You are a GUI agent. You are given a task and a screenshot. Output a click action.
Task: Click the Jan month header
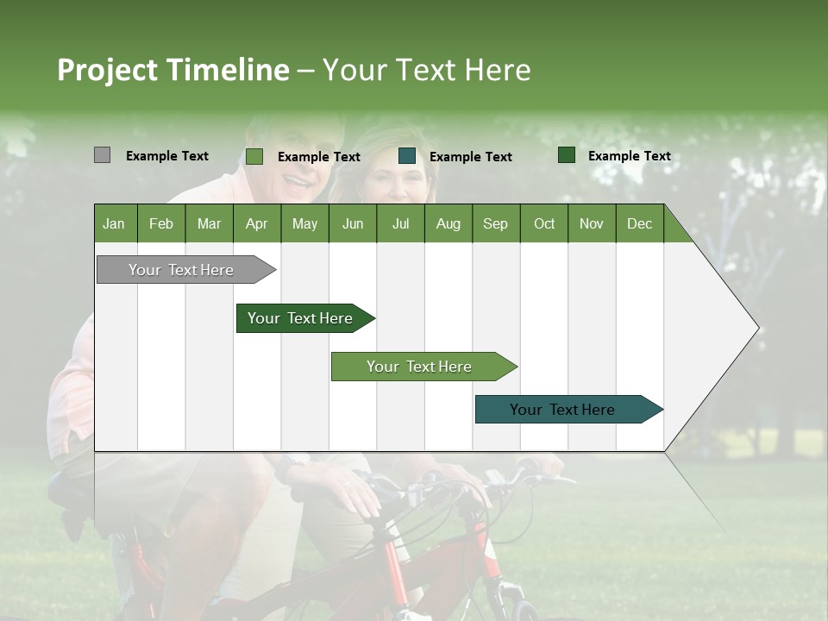click(x=114, y=224)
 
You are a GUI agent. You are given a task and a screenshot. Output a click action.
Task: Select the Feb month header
click(x=161, y=224)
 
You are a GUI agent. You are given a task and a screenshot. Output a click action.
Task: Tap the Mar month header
click(x=209, y=224)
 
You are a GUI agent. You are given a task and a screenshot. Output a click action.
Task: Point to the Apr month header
click(x=256, y=224)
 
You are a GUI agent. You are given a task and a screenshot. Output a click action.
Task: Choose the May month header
click(x=304, y=224)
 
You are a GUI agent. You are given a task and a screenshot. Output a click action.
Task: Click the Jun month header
click(x=353, y=224)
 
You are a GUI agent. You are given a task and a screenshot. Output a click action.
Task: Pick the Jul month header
click(x=400, y=224)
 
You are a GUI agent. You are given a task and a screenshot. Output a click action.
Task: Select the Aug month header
click(x=448, y=224)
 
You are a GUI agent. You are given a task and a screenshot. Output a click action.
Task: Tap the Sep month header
click(x=495, y=224)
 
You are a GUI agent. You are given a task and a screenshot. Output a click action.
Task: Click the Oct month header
click(x=544, y=224)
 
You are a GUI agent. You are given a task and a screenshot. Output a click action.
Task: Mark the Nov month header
click(x=591, y=224)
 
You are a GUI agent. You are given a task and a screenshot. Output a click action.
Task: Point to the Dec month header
click(x=639, y=224)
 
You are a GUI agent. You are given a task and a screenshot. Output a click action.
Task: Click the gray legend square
click(x=102, y=155)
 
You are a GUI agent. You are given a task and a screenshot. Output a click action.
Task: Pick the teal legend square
click(x=407, y=156)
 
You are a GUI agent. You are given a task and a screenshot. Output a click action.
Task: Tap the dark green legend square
click(x=567, y=155)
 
